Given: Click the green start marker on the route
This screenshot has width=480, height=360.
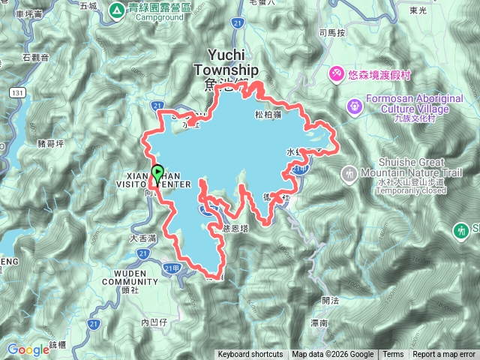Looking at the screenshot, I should pyautogui.click(x=157, y=173).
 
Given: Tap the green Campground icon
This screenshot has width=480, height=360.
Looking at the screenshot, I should pyautogui.click(x=118, y=10).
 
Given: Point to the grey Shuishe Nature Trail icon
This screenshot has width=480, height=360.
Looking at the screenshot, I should pyautogui.click(x=349, y=174).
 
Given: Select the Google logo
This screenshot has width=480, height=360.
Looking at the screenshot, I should pyautogui.click(x=28, y=349).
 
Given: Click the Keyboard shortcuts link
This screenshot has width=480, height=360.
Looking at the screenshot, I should pyautogui.click(x=250, y=355).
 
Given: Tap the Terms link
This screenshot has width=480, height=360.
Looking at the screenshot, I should pyautogui.click(x=393, y=355).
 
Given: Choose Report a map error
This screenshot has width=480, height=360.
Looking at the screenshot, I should pyautogui.click(x=444, y=355).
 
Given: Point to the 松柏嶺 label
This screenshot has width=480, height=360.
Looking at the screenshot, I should pyautogui.click(x=268, y=115).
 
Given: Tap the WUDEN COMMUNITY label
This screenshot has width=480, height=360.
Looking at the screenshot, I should pyautogui.click(x=136, y=277).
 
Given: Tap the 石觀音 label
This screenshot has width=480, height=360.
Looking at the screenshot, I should pyautogui.click(x=35, y=56).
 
